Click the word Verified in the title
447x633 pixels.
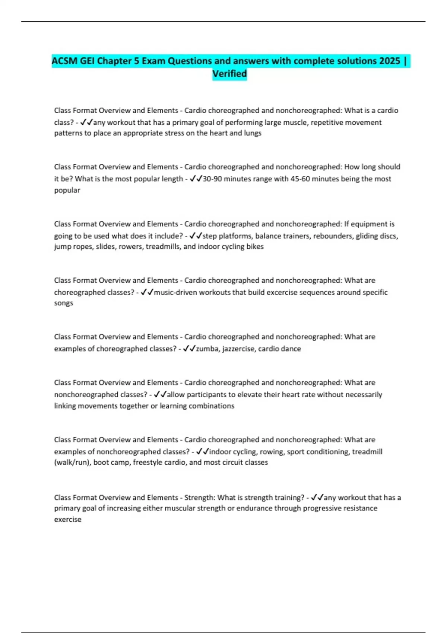229,74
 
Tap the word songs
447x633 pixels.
64,303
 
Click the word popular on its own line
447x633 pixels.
67,190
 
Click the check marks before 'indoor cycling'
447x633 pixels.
202,452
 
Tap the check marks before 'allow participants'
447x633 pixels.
160,395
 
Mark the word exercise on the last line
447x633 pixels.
68,519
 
